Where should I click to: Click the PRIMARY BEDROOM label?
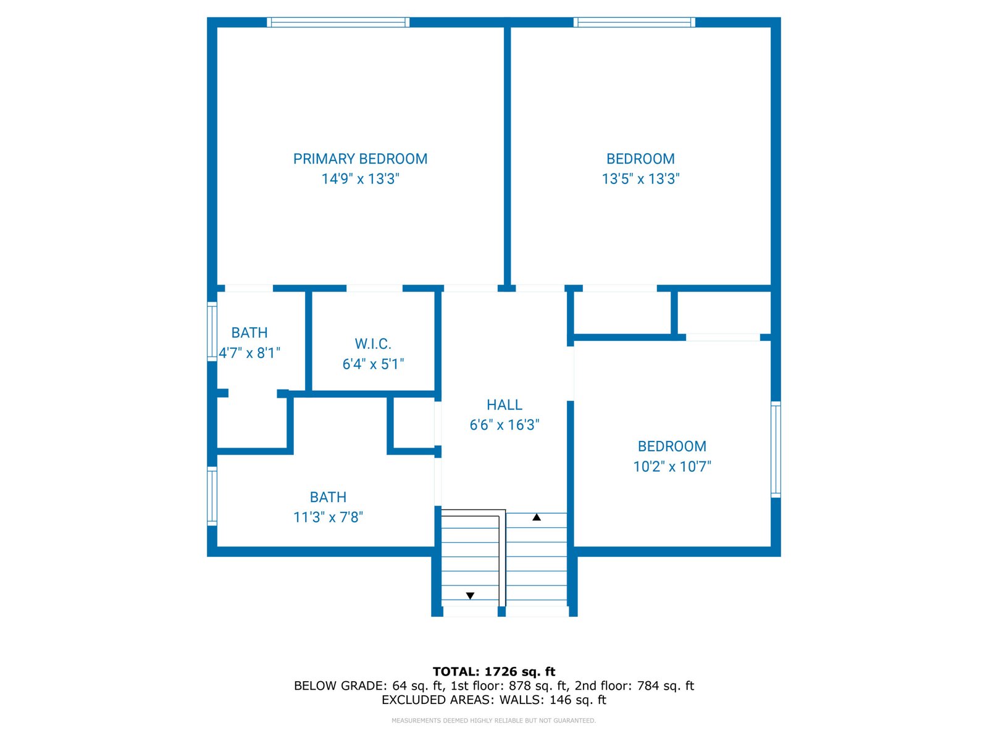tap(360, 159)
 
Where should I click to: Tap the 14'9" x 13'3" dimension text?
tap(360, 179)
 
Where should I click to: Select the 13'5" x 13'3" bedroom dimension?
tap(640, 179)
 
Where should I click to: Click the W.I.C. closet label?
tap(373, 344)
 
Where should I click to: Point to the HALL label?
tap(504, 405)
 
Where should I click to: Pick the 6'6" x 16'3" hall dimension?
tap(504, 425)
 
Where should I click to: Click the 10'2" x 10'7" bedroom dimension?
tap(672, 466)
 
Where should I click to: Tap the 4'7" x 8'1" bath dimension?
tap(249, 353)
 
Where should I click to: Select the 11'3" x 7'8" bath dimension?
tap(328, 517)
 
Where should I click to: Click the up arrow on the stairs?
tap(536, 517)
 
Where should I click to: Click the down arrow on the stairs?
tap(470, 596)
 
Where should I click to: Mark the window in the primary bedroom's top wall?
tap(338, 22)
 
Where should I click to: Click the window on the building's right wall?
tap(776, 450)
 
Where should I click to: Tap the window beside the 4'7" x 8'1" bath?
tap(212, 332)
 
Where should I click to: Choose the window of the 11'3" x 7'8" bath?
tap(212, 496)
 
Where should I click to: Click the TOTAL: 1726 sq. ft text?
tap(494, 672)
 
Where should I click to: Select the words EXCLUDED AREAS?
tap(436, 700)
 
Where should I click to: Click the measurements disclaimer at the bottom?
tap(494, 720)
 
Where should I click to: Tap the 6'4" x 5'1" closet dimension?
tap(373, 364)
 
